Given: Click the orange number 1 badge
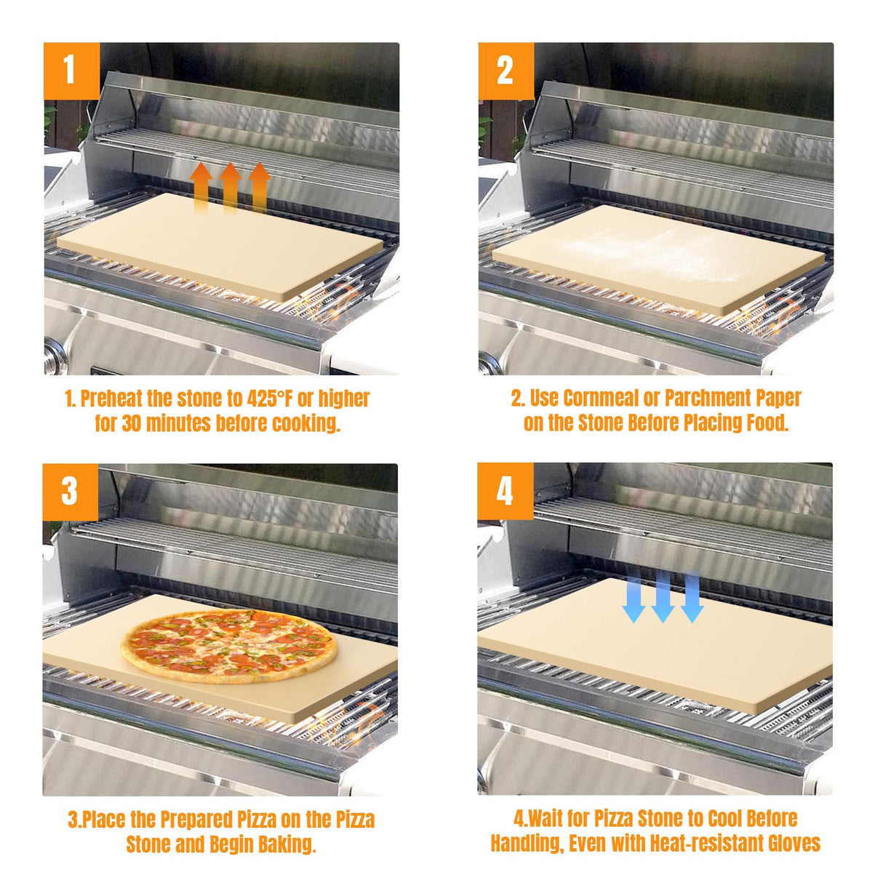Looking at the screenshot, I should tap(71, 71).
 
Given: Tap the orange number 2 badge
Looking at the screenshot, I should tap(506, 71).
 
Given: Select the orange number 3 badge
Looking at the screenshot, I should tap(70, 492).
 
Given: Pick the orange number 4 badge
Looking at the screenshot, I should tap(505, 492).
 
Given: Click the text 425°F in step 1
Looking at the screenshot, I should tap(270, 399).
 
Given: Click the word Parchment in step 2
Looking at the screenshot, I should tap(708, 399).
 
